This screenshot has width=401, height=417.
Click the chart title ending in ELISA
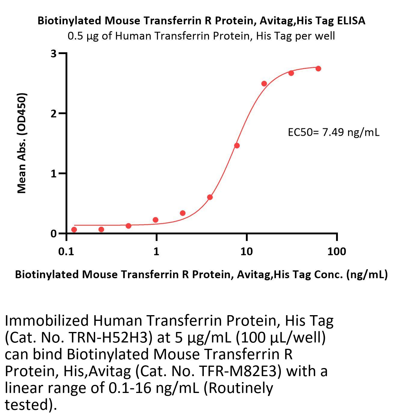point(201,21)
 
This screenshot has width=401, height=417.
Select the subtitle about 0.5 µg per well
point(201,36)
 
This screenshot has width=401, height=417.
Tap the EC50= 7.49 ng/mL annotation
point(333,132)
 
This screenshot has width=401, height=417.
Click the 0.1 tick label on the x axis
point(66,251)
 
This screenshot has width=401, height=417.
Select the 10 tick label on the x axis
point(246,251)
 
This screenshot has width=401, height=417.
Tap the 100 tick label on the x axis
point(337,251)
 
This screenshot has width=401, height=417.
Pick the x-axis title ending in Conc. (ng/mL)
point(201,275)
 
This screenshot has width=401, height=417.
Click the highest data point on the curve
point(318,68)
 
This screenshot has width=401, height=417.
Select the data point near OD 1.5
point(237,146)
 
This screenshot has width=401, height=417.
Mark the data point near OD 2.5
point(264,84)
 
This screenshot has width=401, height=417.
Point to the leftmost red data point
point(74,230)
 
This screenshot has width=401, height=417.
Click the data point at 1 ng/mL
point(155,220)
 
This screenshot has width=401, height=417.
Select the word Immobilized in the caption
point(47,321)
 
